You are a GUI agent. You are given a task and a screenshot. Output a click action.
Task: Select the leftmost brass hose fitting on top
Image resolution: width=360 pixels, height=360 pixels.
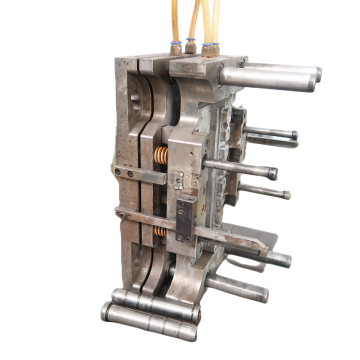[176, 46]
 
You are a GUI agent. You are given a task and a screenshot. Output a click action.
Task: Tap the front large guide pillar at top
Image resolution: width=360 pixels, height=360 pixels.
[265, 77]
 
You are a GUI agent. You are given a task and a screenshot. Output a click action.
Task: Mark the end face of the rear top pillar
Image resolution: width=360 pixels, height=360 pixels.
[318, 74]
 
